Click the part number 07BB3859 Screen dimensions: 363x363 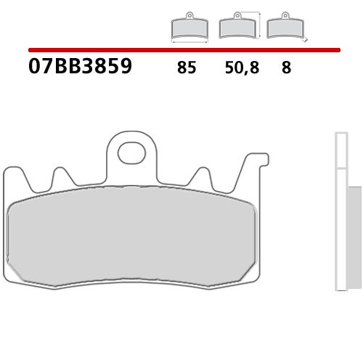80,68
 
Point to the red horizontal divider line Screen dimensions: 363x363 181,50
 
